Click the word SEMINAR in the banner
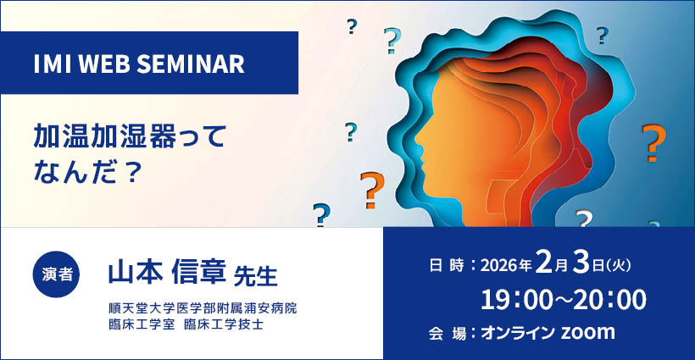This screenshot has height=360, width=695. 198,63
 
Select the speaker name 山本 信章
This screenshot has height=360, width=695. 166,273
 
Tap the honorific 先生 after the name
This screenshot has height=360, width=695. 255,276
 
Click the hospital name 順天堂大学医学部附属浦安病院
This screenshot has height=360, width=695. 202,307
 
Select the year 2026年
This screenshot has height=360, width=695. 505,265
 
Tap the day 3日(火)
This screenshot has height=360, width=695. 597,264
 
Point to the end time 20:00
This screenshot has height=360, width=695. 609,299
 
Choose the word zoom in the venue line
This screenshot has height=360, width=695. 588,333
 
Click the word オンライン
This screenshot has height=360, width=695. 518,333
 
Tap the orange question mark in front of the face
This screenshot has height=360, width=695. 370,189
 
